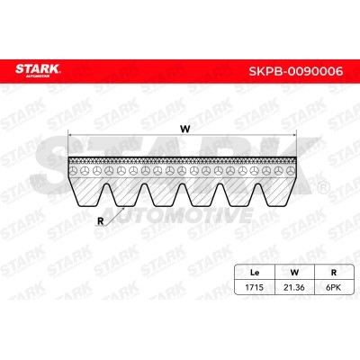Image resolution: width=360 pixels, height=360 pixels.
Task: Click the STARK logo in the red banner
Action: (x=38, y=70)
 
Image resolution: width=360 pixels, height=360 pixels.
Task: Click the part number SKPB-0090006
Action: (x=296, y=71)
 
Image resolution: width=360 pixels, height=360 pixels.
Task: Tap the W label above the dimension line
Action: (x=185, y=129)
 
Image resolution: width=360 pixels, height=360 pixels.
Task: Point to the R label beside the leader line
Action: (x=101, y=221)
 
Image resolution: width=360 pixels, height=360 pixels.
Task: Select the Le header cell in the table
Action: (x=255, y=273)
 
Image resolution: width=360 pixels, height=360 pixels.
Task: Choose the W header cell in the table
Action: (x=294, y=273)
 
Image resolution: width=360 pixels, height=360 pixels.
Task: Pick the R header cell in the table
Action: (x=334, y=273)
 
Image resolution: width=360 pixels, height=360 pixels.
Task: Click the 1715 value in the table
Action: (x=254, y=287)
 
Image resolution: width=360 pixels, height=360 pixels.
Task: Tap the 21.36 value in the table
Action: (x=294, y=287)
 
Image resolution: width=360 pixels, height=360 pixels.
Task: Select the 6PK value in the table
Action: (x=333, y=287)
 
